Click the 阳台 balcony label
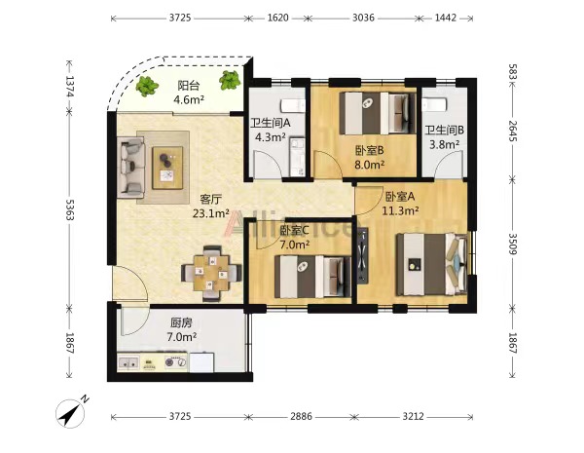click(x=189, y=86)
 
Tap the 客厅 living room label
click(x=211, y=199)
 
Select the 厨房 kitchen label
click(x=181, y=322)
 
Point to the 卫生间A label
click(x=271, y=123)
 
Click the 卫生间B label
click(x=445, y=131)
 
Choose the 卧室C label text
click(x=294, y=231)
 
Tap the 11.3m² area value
click(x=400, y=210)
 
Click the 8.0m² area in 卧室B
click(x=370, y=165)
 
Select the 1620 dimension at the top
click(x=277, y=18)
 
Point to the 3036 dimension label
click(x=363, y=18)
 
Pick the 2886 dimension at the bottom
click(x=301, y=416)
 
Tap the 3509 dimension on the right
click(x=513, y=244)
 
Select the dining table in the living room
click(x=211, y=274)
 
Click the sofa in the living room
click(x=130, y=168)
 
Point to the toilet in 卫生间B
click(x=434, y=104)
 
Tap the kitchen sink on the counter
click(x=128, y=362)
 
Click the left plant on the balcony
click(x=147, y=87)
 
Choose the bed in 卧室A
click(x=431, y=264)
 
